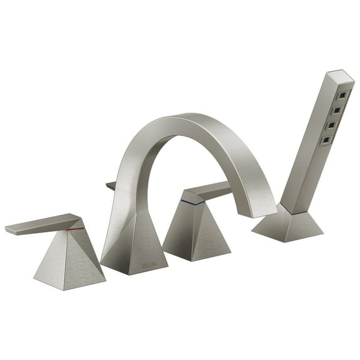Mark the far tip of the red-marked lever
[9, 230]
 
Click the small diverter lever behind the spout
[111, 186]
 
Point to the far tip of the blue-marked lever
[229, 184]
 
